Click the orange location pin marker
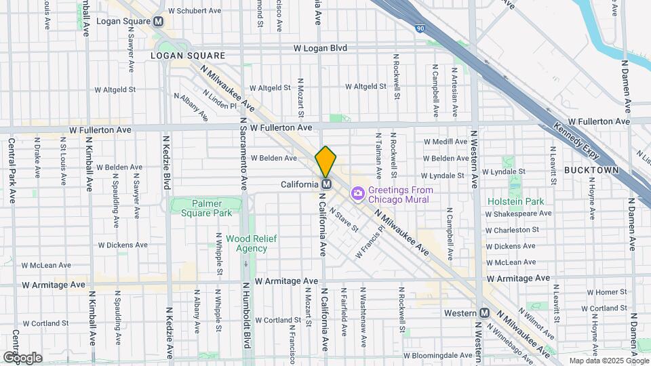(325, 162)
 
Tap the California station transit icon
(326, 184)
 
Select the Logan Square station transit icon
(159, 21)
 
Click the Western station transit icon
(484, 313)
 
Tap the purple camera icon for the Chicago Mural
(357, 195)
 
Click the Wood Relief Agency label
(246, 243)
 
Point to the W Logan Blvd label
(320, 48)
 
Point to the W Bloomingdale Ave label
(439, 355)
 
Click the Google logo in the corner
(23, 357)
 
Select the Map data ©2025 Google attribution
(608, 361)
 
